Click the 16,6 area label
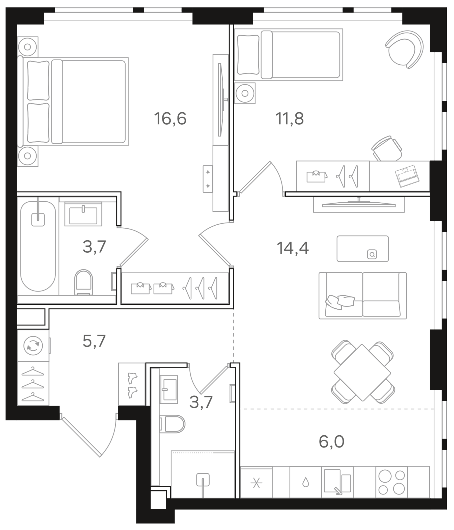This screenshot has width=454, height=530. pos(170,118)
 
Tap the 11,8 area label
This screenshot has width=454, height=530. pos(289,118)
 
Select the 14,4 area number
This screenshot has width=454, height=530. pos(292,248)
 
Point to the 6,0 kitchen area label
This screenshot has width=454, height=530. pos(331,441)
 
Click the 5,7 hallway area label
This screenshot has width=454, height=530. pos(94,341)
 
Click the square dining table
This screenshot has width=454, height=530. pos(362,373)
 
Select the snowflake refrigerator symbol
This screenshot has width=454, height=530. pos(256,483)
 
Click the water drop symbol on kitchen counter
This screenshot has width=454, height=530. pos(305,482)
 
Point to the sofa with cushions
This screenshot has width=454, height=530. pos(362,295)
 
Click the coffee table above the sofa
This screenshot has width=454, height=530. pos(362,249)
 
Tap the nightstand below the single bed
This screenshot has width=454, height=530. pos(245,93)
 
